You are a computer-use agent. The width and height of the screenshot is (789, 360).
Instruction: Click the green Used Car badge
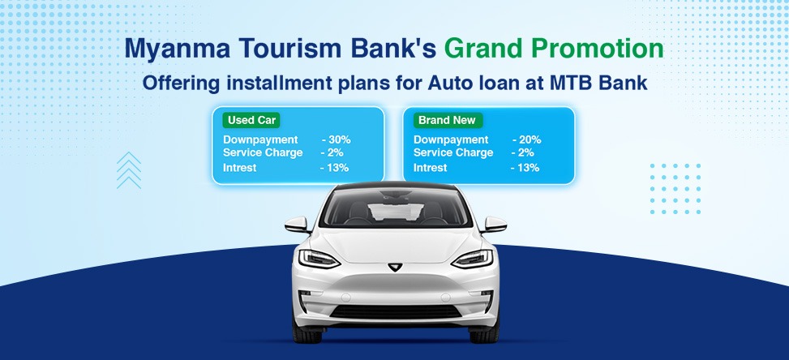tap(252, 121)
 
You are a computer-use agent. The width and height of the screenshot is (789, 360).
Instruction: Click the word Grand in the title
tap(487, 49)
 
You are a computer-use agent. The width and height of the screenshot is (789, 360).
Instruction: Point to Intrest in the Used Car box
tap(240, 168)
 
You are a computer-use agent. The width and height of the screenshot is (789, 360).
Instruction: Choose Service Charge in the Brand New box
tap(453, 153)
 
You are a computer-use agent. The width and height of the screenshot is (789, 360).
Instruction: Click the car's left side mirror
tap(297, 224)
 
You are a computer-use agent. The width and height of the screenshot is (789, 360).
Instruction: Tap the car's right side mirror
tap(494, 224)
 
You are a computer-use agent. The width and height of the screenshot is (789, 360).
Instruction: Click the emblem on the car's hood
tap(396, 265)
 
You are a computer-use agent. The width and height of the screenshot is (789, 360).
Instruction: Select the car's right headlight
tap(472, 259)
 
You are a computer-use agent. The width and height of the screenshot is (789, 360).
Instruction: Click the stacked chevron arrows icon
tap(129, 170)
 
